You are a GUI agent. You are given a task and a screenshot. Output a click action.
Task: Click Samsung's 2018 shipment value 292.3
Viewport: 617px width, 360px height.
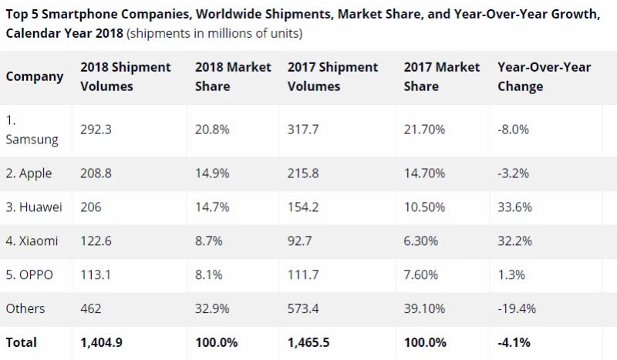[x=96, y=130]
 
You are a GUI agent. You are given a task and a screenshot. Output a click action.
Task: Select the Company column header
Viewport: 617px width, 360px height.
[x=35, y=76]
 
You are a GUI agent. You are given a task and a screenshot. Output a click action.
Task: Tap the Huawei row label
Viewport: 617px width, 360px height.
[x=34, y=207]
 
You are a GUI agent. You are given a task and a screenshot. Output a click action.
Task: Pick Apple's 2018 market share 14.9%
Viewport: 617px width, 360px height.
[x=211, y=173]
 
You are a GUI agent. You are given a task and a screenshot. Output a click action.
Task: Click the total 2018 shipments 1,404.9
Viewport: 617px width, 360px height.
[x=103, y=342]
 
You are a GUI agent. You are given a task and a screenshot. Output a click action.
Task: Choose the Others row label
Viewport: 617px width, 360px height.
[x=25, y=308]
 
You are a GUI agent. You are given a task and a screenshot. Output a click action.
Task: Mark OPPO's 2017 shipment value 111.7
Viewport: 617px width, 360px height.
[x=304, y=275]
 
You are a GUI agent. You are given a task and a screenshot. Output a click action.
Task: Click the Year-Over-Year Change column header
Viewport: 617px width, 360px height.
[x=545, y=76]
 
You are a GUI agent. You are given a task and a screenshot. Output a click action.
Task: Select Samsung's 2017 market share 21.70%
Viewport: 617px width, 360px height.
[x=424, y=130]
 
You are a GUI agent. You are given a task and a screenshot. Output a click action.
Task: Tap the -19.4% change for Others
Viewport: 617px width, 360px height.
[x=517, y=308]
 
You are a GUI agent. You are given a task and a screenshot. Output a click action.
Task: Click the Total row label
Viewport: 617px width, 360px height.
[x=22, y=342]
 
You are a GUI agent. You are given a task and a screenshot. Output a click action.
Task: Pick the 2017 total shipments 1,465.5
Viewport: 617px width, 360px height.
[x=311, y=342]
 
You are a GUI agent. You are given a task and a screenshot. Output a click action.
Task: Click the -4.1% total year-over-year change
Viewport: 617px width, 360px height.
[x=514, y=342]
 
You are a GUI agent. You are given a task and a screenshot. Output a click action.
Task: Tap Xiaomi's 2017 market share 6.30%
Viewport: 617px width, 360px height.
[x=421, y=241]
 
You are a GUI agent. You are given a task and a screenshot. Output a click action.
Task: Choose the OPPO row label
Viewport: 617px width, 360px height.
[x=30, y=275]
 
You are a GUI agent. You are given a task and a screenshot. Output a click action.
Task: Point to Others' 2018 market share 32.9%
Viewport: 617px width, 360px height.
[x=211, y=308]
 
